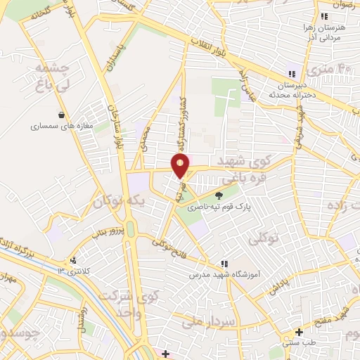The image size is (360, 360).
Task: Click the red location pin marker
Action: (181, 166)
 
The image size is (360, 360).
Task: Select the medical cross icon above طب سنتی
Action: (299, 331)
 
